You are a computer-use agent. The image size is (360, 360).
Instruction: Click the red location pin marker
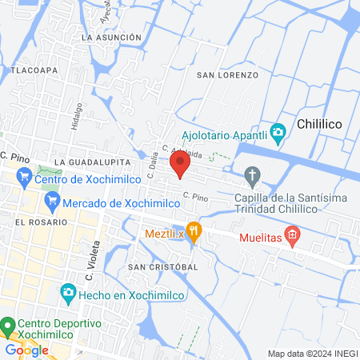180,166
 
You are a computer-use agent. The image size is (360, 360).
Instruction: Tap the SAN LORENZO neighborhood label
228,74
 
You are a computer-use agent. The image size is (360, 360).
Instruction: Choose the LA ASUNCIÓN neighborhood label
117,37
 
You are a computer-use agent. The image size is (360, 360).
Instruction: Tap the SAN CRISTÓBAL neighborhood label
162,266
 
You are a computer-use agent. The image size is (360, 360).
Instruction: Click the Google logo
26,350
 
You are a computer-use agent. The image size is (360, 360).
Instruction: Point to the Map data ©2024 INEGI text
312,354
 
